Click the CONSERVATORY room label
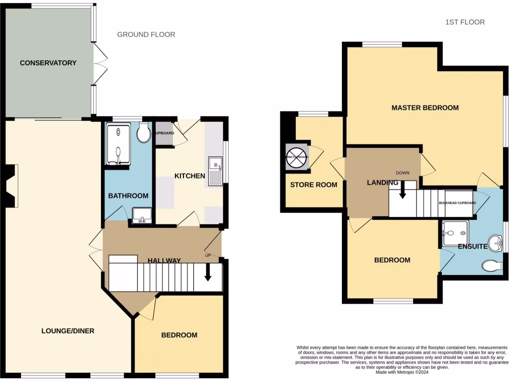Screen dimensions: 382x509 point(48,63)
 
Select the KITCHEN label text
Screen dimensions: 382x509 point(189,176)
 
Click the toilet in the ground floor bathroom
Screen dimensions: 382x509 point(144,133)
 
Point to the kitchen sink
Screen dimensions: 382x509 point(215,170)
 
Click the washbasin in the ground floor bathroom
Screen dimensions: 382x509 point(142,215)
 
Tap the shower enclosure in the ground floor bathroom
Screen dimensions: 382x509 point(118,144)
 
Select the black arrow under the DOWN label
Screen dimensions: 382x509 point(403,190)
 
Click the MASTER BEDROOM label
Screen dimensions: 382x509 point(425,107)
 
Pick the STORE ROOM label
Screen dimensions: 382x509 point(314,185)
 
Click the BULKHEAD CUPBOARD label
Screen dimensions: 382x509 point(457,203)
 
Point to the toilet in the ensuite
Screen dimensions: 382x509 point(492,266)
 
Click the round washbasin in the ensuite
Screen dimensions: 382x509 point(495,244)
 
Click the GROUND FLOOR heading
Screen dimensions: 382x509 point(146,34)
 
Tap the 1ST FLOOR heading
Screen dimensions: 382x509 point(465,22)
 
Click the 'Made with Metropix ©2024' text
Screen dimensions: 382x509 point(403,372)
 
